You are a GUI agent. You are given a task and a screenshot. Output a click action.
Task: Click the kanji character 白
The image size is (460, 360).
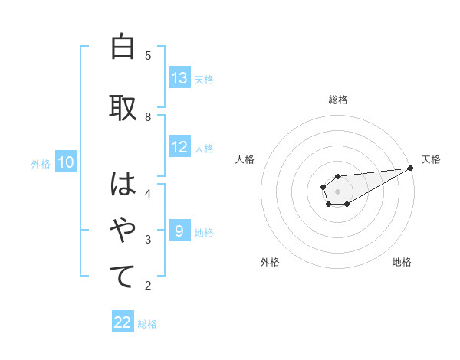tap(123, 47)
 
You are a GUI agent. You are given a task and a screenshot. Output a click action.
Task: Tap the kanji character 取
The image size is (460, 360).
tap(123, 107)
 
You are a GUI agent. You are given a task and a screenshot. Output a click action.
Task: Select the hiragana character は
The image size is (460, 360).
tap(123, 184)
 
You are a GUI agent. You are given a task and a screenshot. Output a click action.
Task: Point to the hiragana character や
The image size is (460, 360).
tap(123, 229)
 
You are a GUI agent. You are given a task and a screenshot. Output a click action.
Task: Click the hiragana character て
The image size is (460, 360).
tap(123, 276)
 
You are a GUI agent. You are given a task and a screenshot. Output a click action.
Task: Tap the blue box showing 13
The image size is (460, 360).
tap(179, 78)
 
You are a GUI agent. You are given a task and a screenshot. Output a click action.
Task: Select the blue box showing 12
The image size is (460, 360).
tap(179, 147)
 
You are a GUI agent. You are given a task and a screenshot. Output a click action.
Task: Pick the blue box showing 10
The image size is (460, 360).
tap(66, 162)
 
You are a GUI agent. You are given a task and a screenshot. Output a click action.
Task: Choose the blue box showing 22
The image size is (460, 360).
tap(123, 322)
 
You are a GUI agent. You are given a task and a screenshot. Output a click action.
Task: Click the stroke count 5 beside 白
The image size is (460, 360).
tap(148, 56)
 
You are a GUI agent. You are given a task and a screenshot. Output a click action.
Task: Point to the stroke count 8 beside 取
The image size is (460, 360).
tap(148, 116)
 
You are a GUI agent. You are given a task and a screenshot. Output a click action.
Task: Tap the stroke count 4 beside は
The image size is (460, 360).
tap(148, 192)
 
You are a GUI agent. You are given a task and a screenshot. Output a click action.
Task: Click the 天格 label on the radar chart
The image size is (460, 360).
tap(431, 159)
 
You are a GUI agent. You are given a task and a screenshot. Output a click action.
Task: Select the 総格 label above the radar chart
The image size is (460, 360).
tap(337, 100)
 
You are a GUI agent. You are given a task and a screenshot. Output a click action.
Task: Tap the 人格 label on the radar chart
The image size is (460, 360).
tap(245, 159)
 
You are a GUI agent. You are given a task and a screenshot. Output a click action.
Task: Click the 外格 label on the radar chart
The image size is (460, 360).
tap(269, 262)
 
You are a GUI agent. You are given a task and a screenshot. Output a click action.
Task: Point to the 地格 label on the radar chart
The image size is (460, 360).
tap(402, 262)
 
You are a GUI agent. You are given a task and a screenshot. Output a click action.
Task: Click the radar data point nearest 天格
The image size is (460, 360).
tap(410, 168)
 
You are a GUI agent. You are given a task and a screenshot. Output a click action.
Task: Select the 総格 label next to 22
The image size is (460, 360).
tap(147, 324)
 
